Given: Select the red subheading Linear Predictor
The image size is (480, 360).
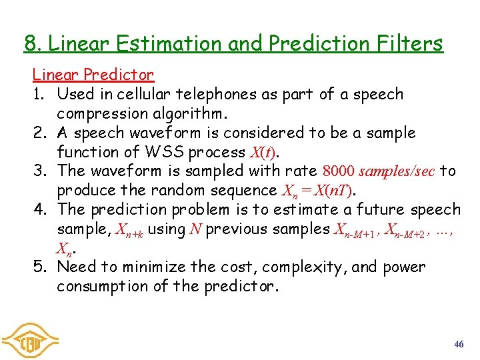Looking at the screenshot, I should click(x=93, y=75).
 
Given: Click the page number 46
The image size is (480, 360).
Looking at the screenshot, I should click(x=459, y=344).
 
